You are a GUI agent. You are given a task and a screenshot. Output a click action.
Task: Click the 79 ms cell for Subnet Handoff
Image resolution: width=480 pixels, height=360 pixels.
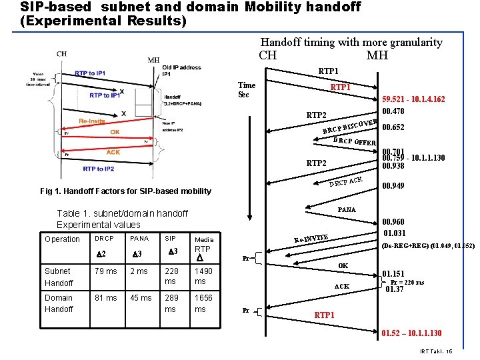(106, 271)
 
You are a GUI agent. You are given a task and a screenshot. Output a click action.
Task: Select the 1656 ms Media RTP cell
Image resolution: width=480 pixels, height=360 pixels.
(204, 303)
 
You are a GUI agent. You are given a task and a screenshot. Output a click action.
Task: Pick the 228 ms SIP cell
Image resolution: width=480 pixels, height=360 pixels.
(171, 276)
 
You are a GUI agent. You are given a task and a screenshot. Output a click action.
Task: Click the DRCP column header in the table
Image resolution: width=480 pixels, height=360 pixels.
(105, 238)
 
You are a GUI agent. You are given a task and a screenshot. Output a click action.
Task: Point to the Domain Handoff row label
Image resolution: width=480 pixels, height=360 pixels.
(59, 303)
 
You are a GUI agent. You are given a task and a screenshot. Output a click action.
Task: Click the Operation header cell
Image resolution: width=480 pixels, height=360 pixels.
(62, 239)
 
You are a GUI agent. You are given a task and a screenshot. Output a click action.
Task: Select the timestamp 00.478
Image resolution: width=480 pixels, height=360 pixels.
(393, 111)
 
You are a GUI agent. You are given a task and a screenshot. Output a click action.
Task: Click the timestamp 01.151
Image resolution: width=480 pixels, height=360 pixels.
(393, 273)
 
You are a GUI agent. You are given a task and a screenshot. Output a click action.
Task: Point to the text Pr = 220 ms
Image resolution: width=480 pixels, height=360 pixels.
(407, 282)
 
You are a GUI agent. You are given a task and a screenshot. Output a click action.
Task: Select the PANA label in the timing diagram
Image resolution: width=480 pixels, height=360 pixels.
(347, 209)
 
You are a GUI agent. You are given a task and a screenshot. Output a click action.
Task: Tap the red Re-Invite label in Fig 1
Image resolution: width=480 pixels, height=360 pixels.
(91, 121)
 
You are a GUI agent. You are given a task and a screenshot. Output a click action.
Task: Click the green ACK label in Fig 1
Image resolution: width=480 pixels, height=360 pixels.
(113, 152)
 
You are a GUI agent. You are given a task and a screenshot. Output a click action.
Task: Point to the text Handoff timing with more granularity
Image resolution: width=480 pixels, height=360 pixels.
(351, 42)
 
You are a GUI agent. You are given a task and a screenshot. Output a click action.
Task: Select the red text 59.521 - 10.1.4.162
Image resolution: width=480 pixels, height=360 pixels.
(413, 99)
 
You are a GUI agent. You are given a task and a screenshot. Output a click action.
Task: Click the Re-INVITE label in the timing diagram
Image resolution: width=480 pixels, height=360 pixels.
(311, 237)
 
